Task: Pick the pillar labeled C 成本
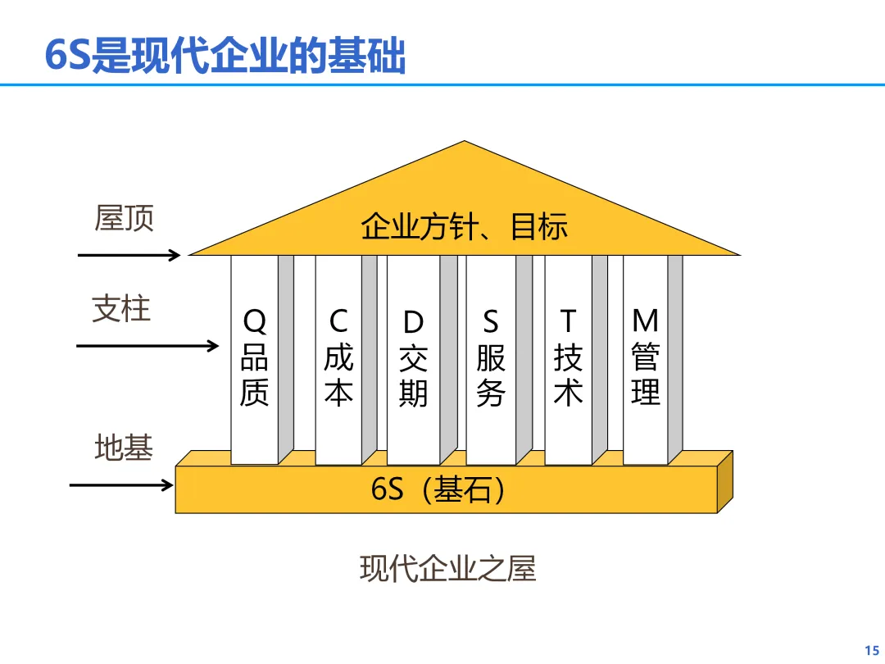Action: tap(338, 361)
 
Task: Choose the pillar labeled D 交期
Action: tap(414, 361)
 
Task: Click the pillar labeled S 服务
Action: tap(490, 361)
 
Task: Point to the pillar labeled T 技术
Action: tap(568, 361)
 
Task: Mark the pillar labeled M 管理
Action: tap(646, 361)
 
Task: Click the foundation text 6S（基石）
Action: tap(438, 489)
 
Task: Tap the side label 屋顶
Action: tap(125, 218)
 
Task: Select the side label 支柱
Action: tap(121, 308)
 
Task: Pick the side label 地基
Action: tap(124, 448)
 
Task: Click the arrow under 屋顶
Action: tap(129, 255)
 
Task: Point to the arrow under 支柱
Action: tap(147, 346)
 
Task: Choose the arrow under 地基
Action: tap(121, 485)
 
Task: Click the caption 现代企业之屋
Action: tap(447, 568)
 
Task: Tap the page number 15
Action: tap(871, 648)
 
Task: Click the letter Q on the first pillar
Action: tap(255, 322)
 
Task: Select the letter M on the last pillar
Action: tap(646, 321)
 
